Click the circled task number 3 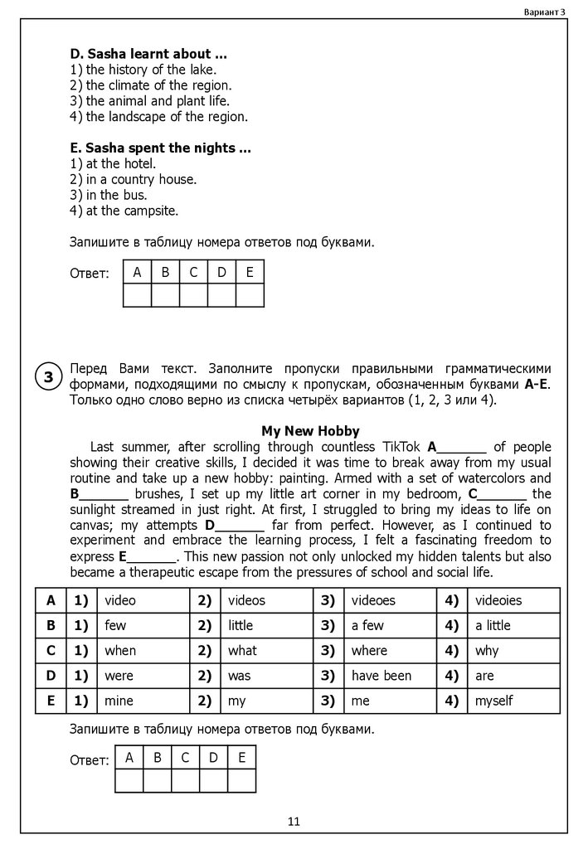pos(48,377)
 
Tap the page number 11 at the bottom pos(294,822)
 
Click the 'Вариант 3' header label pos(545,11)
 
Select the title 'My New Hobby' pos(310,431)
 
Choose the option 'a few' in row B pos(367,625)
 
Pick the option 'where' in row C pos(369,650)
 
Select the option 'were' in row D pos(119,676)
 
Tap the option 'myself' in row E pos(493,701)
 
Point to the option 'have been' pos(381,676)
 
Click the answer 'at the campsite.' pos(132,211)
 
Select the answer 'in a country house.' pos(141,179)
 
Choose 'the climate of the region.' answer pos(158,85)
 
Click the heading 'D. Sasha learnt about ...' pos(149,54)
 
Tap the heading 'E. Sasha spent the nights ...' pos(161,148)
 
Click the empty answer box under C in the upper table pos(193,295)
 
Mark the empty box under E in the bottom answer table pos(241,781)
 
